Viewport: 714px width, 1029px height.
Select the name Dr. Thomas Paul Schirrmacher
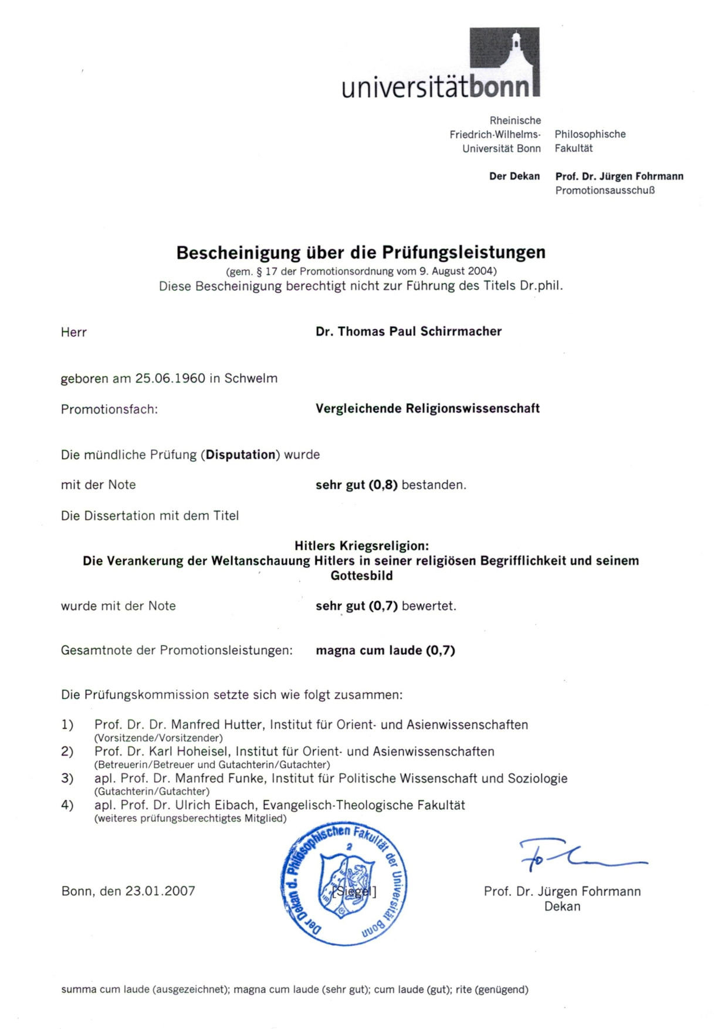coord(408,331)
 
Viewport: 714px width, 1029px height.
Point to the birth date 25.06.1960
coord(170,378)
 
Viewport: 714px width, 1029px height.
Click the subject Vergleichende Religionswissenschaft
coord(427,408)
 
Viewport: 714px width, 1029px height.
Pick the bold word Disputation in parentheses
coord(241,455)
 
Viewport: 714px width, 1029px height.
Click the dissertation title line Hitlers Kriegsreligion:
coord(361,546)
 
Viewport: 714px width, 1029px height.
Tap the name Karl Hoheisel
coord(188,752)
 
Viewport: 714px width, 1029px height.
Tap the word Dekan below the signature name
coord(562,906)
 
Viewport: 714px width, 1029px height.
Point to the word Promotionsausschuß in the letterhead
coord(605,190)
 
